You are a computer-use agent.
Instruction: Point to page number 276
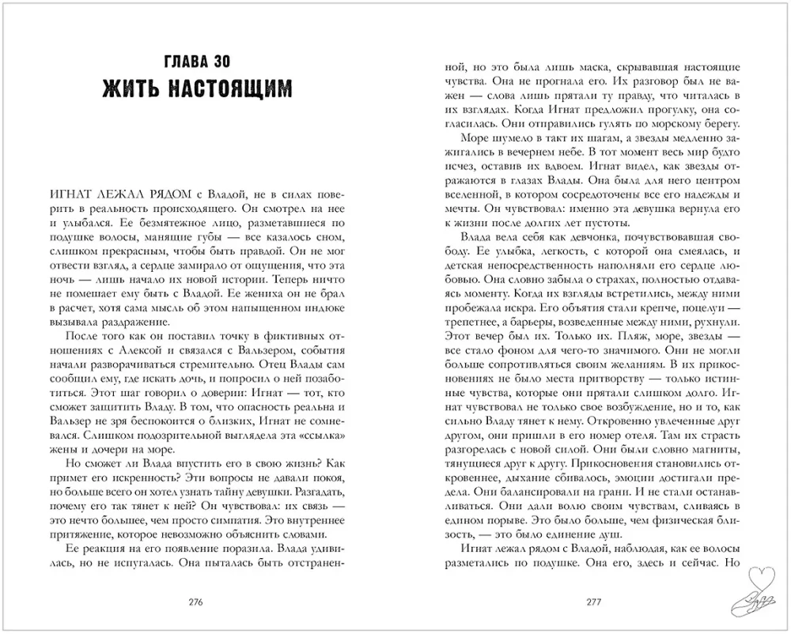197,602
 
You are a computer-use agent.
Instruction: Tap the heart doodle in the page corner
760,589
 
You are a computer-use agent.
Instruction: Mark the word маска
562,66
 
